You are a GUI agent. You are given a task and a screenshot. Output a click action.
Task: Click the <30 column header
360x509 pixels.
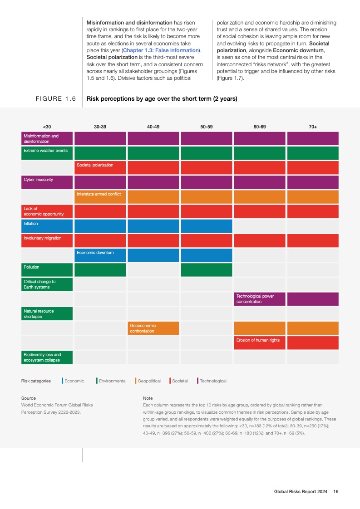[x=47, y=127]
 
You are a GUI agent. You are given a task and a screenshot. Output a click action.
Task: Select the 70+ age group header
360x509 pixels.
[x=313, y=127]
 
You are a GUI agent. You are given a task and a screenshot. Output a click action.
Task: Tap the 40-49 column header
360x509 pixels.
[x=153, y=127]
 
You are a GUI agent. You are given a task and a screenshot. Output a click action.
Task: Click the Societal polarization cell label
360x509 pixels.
[x=100, y=167]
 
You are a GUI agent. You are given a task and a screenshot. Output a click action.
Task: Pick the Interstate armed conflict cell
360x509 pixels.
[x=100, y=196]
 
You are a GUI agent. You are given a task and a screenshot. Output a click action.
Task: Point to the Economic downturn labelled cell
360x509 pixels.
[x=100, y=255]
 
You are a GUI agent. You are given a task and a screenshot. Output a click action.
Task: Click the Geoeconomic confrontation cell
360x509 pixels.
[x=153, y=328]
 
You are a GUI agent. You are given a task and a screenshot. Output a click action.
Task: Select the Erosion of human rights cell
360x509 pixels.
[x=260, y=343]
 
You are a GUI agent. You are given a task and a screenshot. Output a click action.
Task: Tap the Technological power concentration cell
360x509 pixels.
[x=260, y=299]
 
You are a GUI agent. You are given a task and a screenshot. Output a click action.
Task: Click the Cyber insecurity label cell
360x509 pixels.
[x=47, y=182]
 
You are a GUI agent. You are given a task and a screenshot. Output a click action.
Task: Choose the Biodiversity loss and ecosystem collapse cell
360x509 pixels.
[x=47, y=357]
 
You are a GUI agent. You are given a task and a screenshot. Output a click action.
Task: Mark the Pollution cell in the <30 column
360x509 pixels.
[x=47, y=269]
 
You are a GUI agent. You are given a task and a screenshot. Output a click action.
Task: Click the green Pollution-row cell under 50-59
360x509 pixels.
[x=207, y=269]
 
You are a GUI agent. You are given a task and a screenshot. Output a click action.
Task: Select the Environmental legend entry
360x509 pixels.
[x=112, y=381]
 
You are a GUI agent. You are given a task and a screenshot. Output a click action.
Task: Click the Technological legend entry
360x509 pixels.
[x=212, y=381]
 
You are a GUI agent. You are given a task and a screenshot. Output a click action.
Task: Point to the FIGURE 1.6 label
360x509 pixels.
[x=55, y=99]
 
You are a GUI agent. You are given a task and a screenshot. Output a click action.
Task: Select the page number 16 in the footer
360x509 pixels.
[x=336, y=491]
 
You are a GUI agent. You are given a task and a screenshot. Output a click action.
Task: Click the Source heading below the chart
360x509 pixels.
[x=29, y=398]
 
